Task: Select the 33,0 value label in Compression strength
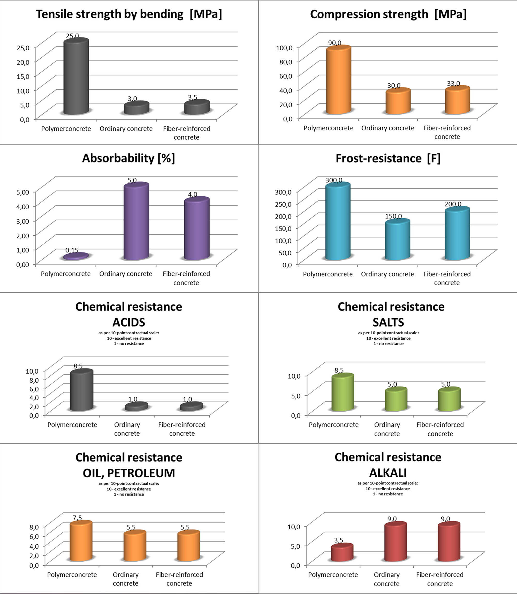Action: (x=453, y=84)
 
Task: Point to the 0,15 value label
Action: (x=72, y=250)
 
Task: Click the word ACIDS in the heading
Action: (x=129, y=322)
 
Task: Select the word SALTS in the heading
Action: (x=388, y=322)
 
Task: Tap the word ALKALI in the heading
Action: (x=388, y=473)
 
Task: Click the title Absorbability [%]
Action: (x=128, y=158)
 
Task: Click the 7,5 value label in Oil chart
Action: (x=77, y=518)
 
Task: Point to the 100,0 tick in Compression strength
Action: (x=284, y=48)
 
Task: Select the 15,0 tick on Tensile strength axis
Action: (x=23, y=76)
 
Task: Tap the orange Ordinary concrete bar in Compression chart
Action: (x=398, y=102)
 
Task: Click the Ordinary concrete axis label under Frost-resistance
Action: (x=387, y=274)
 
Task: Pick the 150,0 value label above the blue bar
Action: (x=393, y=216)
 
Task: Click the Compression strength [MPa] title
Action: (x=388, y=14)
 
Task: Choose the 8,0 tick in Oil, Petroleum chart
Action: (x=34, y=527)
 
